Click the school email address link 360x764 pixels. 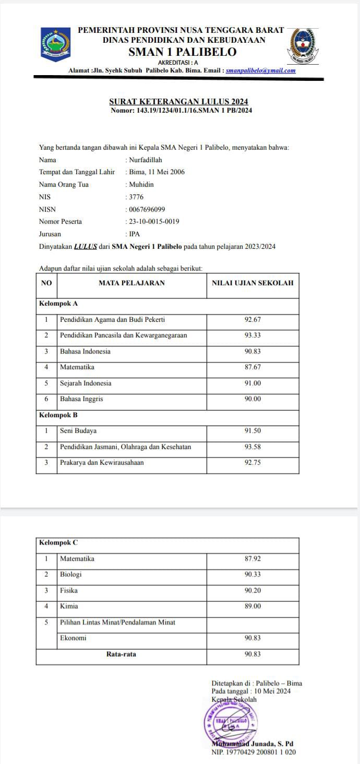(261, 70)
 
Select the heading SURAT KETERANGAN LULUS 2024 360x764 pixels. (178, 101)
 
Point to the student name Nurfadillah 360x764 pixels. (146, 160)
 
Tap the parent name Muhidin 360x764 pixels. (141, 185)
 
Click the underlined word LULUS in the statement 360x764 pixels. (86, 247)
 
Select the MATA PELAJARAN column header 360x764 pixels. (131, 283)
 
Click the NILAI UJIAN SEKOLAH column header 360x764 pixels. (253, 283)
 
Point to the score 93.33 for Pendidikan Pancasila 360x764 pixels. (253, 335)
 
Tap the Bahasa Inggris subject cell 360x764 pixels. (81, 399)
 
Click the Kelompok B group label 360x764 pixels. (58, 415)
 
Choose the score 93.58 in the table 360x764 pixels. (253, 447)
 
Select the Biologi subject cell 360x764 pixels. (71, 575)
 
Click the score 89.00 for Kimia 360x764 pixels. (253, 607)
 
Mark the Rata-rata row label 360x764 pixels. (121, 654)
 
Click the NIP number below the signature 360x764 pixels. (254, 751)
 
